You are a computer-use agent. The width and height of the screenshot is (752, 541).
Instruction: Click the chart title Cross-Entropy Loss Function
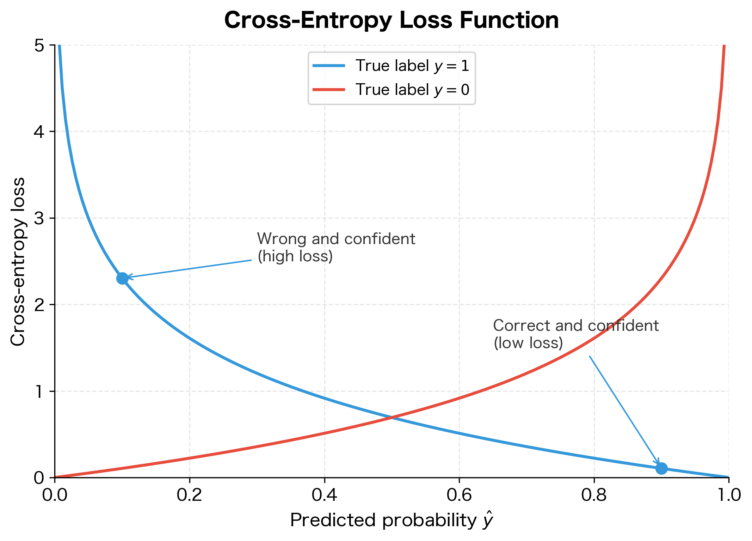[392, 20]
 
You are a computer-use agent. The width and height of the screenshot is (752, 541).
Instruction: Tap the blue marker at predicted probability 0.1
[122, 278]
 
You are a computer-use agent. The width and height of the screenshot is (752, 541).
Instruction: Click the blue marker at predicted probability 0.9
[661, 468]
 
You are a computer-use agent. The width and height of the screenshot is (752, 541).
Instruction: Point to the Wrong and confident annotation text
[336, 247]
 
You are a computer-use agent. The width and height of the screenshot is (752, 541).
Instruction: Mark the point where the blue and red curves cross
[392, 418]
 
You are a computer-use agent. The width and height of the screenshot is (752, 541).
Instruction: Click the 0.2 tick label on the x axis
[190, 495]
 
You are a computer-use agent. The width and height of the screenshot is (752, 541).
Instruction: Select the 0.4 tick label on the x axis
[325, 495]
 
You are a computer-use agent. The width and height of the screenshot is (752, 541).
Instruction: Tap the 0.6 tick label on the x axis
[459, 495]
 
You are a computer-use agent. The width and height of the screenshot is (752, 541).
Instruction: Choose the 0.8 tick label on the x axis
[594, 495]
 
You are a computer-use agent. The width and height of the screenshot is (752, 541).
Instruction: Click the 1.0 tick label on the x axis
[728, 495]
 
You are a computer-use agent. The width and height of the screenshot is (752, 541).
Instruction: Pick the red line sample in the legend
[329, 90]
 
